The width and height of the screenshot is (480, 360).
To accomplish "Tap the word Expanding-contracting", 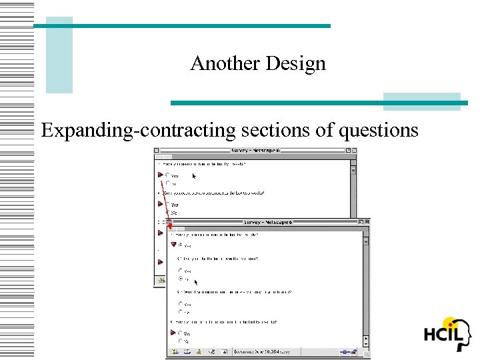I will [x=138, y=130].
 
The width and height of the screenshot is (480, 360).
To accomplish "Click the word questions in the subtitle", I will [x=379, y=130].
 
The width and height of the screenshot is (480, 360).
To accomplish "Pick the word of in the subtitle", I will [x=325, y=130].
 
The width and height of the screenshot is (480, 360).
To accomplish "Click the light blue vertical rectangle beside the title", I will [x=59, y=55].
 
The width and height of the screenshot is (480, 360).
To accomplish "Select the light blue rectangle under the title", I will [x=421, y=101].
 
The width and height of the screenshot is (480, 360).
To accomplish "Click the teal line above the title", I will [x=181, y=26].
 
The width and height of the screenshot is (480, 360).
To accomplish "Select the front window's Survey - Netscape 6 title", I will [x=265, y=222].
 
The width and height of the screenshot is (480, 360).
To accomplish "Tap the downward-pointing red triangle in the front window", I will [x=173, y=245].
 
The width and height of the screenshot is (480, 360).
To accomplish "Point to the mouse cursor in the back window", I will [x=194, y=177].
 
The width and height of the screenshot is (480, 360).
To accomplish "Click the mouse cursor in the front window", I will [x=196, y=283].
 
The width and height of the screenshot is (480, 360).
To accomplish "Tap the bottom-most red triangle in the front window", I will [x=173, y=332].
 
